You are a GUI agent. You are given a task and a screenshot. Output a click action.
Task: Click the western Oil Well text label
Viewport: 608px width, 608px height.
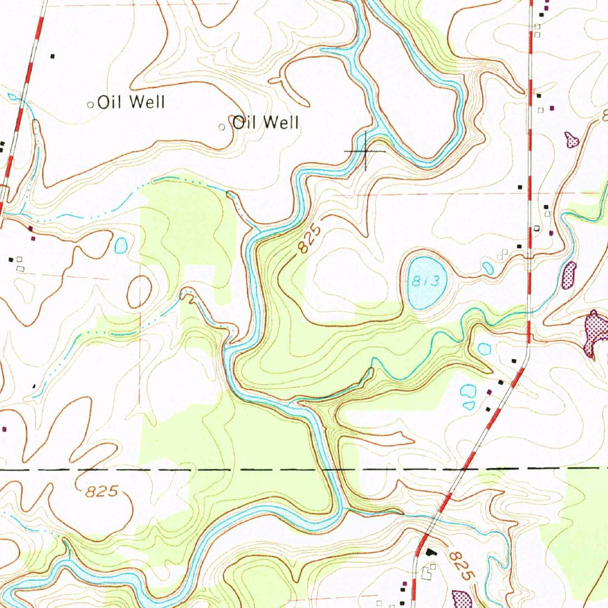pos(131,103)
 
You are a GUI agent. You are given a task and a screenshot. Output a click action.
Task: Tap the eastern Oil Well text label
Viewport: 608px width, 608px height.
pos(265,123)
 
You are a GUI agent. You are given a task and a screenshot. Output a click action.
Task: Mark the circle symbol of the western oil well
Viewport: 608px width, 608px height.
pos(91,105)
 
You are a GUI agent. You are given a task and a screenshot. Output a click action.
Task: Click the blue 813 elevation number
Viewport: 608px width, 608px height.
pos(426,282)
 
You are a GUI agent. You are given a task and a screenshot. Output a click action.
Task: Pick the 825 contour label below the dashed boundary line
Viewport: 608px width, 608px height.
pos(102,492)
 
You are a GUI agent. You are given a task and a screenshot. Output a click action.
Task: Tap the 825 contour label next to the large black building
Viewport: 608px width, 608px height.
pos(461,565)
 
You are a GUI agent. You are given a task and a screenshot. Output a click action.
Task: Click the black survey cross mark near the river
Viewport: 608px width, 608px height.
pos(365,151)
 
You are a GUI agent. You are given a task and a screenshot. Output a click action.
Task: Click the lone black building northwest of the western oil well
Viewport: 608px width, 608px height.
pos(52,56)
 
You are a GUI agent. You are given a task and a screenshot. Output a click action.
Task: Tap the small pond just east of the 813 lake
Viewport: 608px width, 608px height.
pos(487,268)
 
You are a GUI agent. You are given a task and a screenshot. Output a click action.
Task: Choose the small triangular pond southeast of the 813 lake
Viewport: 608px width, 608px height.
pos(469,406)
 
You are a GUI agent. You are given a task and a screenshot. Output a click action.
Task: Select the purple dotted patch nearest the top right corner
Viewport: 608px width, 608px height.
pos(572,140)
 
